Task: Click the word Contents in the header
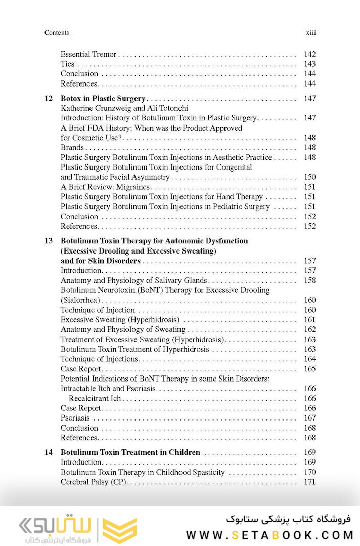point(57,33)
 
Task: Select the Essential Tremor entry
point(88,54)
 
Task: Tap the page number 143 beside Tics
point(309,64)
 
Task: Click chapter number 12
point(49,98)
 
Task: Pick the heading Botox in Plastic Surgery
point(103,98)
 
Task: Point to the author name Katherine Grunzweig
point(91,108)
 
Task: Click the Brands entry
point(72,148)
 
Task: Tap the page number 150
point(309,177)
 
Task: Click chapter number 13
point(49,241)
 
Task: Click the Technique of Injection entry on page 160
point(98,310)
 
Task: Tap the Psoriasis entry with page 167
point(75,418)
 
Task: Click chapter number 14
point(49,452)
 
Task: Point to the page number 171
point(309,482)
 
